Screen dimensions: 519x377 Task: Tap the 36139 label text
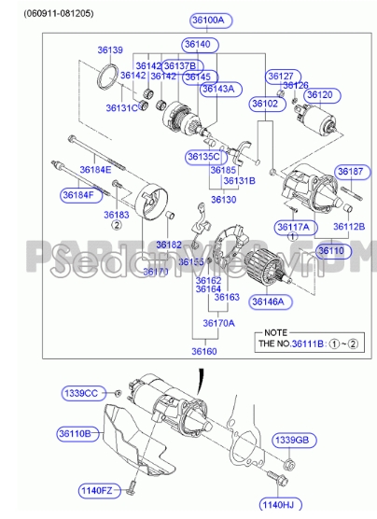(110, 49)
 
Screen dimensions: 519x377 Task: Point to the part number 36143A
(219, 89)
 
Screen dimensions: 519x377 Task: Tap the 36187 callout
(351, 172)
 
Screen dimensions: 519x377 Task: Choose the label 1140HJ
(277, 505)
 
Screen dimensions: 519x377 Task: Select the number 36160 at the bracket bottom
(204, 352)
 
